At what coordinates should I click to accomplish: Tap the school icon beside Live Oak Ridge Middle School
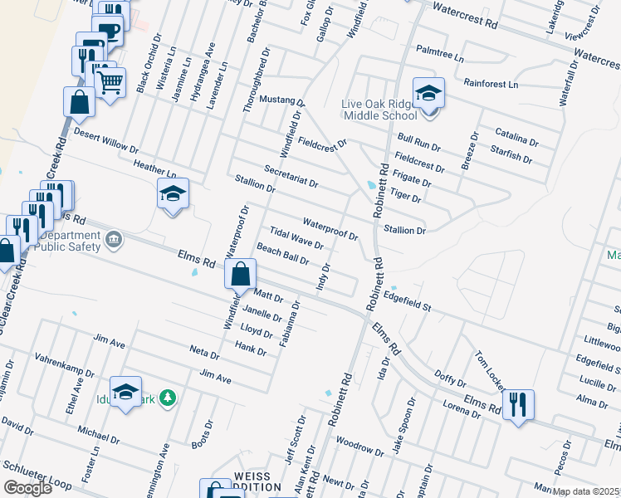(x=428, y=93)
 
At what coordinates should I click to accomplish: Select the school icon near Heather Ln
(x=172, y=194)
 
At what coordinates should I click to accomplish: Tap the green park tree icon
(x=168, y=398)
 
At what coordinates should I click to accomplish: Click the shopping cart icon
(x=110, y=81)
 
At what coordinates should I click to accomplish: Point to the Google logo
(x=27, y=488)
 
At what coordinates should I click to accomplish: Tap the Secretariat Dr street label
(x=291, y=175)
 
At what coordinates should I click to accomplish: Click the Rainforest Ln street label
(x=491, y=84)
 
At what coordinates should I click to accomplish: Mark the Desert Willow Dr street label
(x=105, y=140)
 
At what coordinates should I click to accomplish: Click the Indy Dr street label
(x=324, y=277)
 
